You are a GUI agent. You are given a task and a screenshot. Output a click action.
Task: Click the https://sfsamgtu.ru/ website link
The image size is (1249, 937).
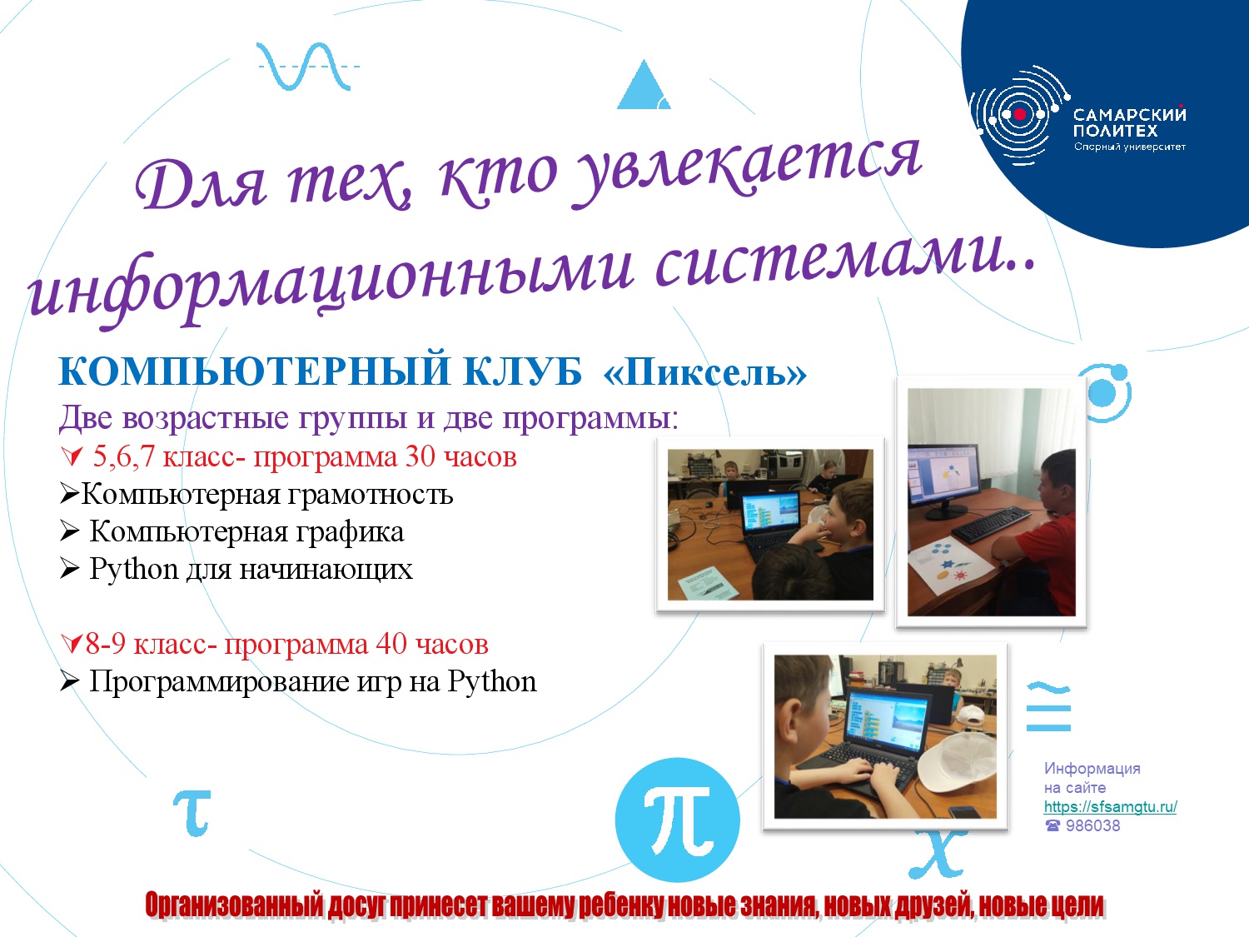click(1110, 807)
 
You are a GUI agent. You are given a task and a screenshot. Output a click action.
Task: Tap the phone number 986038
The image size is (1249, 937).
click(1092, 825)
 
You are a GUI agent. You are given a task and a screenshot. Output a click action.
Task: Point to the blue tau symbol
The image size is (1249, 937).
click(192, 812)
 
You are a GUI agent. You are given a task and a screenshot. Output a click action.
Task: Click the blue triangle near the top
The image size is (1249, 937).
click(644, 84)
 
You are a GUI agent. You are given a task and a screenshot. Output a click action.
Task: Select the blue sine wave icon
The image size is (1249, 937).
click(307, 67)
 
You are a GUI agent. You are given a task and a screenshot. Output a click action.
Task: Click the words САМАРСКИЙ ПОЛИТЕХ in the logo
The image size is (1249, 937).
click(1129, 122)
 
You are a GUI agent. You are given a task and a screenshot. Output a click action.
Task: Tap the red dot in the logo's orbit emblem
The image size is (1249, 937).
click(1020, 114)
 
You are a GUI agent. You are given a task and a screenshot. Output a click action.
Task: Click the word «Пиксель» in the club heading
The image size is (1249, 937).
click(704, 372)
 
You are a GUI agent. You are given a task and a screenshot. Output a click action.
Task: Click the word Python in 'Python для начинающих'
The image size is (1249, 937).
click(134, 569)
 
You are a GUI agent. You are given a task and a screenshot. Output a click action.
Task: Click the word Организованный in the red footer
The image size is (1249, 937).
click(234, 905)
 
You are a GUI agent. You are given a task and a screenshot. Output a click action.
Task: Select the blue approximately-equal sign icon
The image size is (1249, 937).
click(1048, 707)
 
